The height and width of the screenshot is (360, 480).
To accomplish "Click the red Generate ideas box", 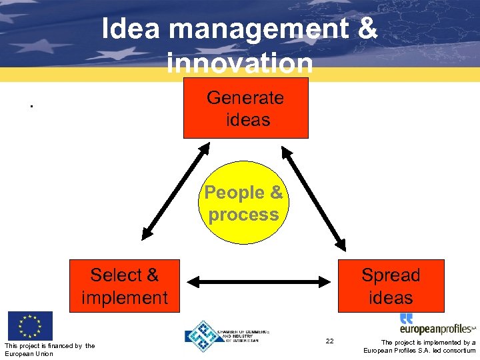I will click(246, 108).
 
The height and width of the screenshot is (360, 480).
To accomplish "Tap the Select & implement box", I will click(125, 286).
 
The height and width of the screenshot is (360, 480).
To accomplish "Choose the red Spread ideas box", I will click(391, 286).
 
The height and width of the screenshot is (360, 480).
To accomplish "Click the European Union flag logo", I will click(30, 326).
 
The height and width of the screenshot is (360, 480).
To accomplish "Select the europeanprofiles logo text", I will click(437, 329).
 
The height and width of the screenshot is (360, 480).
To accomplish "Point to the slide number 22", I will click(329, 341).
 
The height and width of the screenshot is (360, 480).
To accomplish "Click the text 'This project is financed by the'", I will click(49, 345).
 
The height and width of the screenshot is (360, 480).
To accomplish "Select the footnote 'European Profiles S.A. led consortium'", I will click(419, 351).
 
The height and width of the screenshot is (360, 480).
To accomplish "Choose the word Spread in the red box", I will click(391, 275).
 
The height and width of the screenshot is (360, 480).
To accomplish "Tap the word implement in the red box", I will click(125, 297).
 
